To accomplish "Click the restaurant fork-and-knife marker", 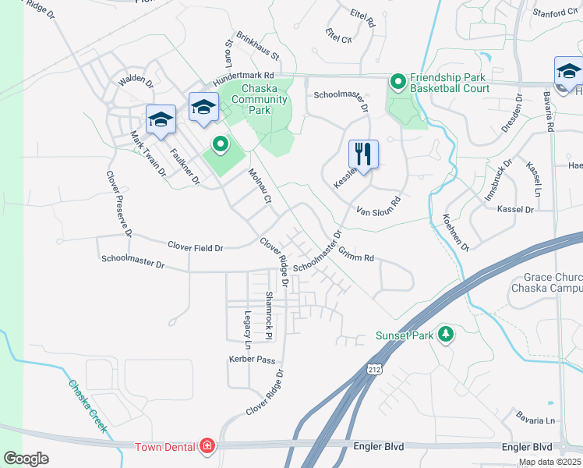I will pyautogui.click(x=363, y=153).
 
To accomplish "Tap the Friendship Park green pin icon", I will pyautogui.click(x=397, y=81).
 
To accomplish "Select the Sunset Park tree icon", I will pyautogui.click(x=446, y=334).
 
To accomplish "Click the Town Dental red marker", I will pyautogui.click(x=207, y=446).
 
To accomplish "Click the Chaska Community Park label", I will pyautogui.click(x=254, y=100).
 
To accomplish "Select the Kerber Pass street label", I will pyautogui.click(x=253, y=360).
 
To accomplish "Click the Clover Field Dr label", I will pyautogui.click(x=196, y=247).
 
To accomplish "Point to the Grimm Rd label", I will pyautogui.click(x=357, y=254).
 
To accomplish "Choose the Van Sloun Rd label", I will pyautogui.click(x=378, y=205).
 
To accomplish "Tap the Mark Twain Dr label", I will pyautogui.click(x=148, y=154).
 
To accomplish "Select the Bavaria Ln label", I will pyautogui.click(x=539, y=420).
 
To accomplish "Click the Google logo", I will pyautogui.click(x=26, y=459).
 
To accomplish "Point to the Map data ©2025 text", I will pyautogui.click(x=549, y=462).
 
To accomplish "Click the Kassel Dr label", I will pyautogui.click(x=514, y=210).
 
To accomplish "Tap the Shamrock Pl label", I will pyautogui.click(x=268, y=315).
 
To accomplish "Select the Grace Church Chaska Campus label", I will pyautogui.click(x=546, y=282).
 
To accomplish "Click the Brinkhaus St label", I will pyautogui.click(x=257, y=46).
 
